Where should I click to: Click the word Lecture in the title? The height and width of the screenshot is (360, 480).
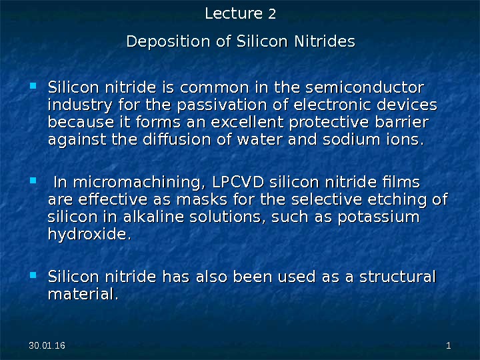point(233,13)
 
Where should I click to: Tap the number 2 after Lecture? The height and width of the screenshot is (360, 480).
point(271,14)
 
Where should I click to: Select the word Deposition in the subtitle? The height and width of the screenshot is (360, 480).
point(168,41)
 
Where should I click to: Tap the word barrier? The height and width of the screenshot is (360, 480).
point(401,123)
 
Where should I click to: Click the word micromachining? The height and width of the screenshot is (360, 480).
point(128,182)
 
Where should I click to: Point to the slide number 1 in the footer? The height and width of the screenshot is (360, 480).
point(448,346)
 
